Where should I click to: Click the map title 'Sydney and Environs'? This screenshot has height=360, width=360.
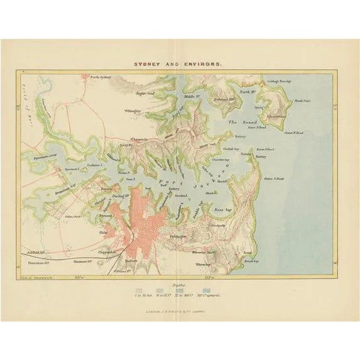180,63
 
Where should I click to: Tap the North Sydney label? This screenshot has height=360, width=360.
100,77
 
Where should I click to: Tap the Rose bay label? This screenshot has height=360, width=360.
223,209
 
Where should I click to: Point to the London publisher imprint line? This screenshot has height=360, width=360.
180,305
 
